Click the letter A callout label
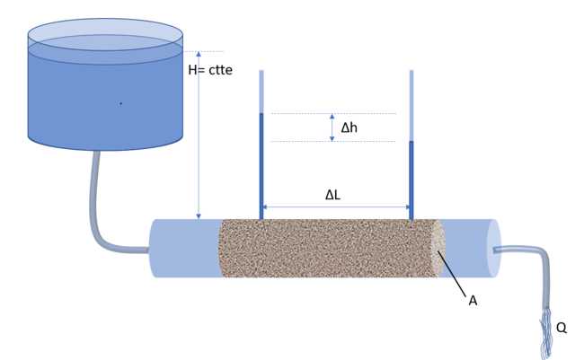pos(473,301)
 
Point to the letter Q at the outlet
pos(562,328)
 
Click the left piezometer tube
pos(261,162)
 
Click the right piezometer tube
pos(411,175)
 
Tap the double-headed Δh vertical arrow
pos(332,127)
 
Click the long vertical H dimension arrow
pos(199,135)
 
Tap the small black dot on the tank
pos(120,104)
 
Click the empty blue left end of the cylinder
pos(184,248)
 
